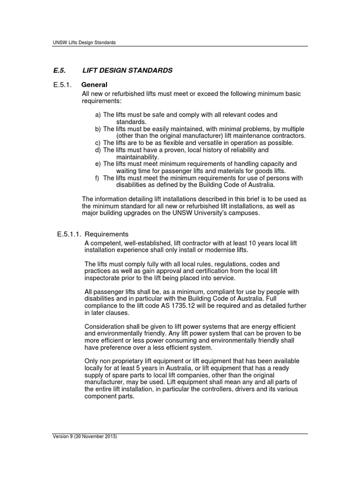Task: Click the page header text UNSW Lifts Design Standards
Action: pos(84,42)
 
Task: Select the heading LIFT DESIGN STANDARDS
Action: pos(127,70)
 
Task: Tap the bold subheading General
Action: pos(94,85)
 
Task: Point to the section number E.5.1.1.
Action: pos(69,234)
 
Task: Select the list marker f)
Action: pos(97,178)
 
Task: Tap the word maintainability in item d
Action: pos(138,157)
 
